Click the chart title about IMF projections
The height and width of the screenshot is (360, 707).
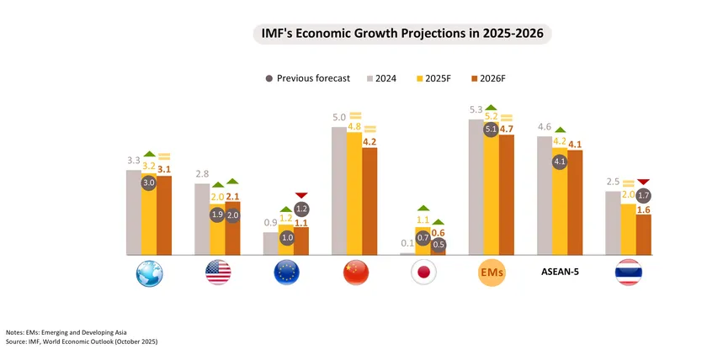click(x=402, y=34)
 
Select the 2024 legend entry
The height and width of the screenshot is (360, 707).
click(x=381, y=78)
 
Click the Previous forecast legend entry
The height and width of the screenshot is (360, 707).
click(x=307, y=78)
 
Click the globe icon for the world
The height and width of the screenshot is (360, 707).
click(x=149, y=273)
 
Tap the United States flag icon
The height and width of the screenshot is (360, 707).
click(x=218, y=273)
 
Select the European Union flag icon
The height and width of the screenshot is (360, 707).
click(x=287, y=273)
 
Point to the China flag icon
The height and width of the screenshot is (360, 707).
click(x=356, y=273)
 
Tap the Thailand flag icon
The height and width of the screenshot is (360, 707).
click(x=629, y=273)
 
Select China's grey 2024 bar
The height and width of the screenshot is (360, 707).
click(x=339, y=190)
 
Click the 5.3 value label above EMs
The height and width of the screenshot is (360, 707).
click(x=475, y=109)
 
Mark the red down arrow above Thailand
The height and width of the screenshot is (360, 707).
click(x=644, y=182)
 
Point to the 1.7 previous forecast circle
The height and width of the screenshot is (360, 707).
click(x=644, y=196)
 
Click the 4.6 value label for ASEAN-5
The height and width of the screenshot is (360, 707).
click(x=545, y=127)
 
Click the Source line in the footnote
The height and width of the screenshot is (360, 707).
click(x=82, y=342)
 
